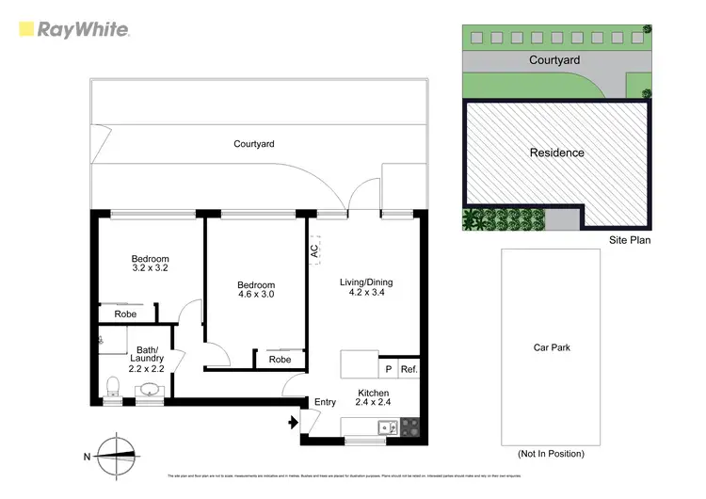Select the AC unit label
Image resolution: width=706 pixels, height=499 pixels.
[315, 251]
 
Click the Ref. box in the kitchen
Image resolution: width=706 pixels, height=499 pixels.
[409, 370]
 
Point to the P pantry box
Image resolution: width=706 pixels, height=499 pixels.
[388, 370]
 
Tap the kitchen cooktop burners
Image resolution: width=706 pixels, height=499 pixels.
[410, 428]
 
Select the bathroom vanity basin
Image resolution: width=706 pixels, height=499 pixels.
[151, 388]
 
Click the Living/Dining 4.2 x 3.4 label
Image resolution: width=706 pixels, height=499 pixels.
[366, 287]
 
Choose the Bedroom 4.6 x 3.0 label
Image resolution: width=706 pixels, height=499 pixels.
[255, 291]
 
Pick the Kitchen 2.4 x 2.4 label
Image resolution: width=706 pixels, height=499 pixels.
[373, 396]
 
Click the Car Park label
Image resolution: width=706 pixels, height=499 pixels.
[552, 347]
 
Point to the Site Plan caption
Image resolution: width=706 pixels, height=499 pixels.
[629, 240]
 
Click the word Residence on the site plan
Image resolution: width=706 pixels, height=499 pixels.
[556, 153]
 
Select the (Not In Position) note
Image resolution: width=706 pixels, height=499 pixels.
[552, 454]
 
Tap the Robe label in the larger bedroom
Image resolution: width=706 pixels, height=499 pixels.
[280, 360]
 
